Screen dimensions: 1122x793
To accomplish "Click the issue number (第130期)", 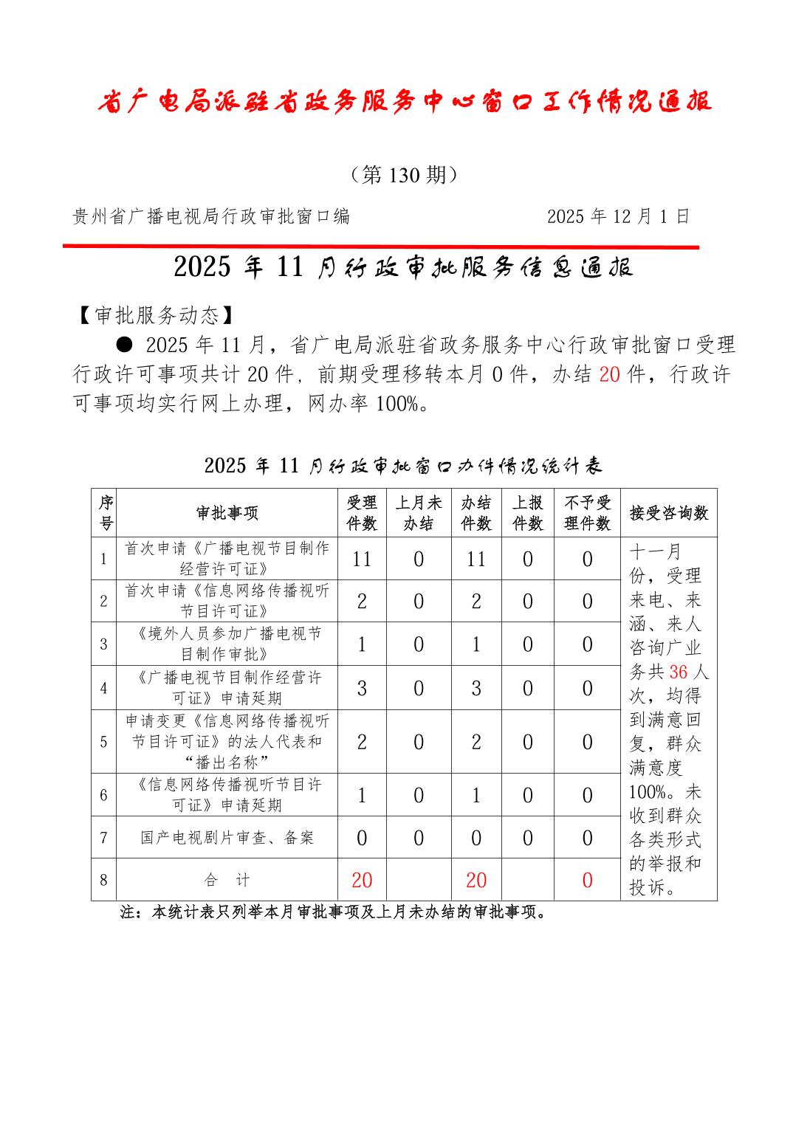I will [x=403, y=175].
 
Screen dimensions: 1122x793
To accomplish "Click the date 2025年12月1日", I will [x=618, y=216].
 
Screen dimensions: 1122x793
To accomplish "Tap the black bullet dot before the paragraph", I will [x=125, y=343].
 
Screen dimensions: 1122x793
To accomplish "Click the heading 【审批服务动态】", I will [x=157, y=315].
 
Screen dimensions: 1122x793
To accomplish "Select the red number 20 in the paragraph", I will [x=609, y=374].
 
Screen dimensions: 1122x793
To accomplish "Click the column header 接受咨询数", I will [x=668, y=513].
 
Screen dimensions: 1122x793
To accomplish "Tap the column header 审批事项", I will [x=227, y=513].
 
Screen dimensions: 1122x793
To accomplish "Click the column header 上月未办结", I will [x=418, y=513].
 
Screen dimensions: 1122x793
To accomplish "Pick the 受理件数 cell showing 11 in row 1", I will [x=362, y=559].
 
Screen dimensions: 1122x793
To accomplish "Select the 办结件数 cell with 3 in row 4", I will [x=476, y=689].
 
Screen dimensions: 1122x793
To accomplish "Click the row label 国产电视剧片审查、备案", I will [x=227, y=838].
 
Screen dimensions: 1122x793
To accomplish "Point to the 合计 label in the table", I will [x=227, y=880].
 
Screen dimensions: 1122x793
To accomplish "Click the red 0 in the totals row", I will [x=587, y=880].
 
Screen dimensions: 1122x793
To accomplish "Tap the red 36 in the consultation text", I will [x=678, y=672].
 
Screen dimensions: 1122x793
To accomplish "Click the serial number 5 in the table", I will [x=104, y=742].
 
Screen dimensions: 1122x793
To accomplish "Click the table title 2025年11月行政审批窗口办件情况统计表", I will [x=403, y=465].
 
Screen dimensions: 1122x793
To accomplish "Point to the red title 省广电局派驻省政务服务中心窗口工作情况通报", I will [x=404, y=102].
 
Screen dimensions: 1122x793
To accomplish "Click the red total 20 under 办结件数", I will [x=476, y=880].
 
